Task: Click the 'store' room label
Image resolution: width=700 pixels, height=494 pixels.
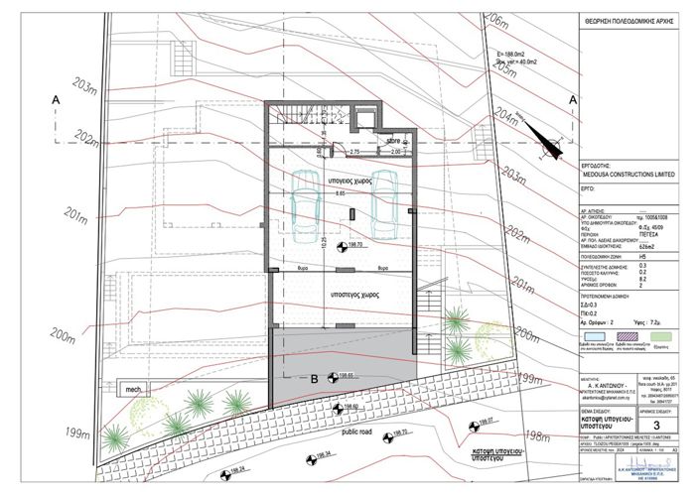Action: point(397,143)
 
